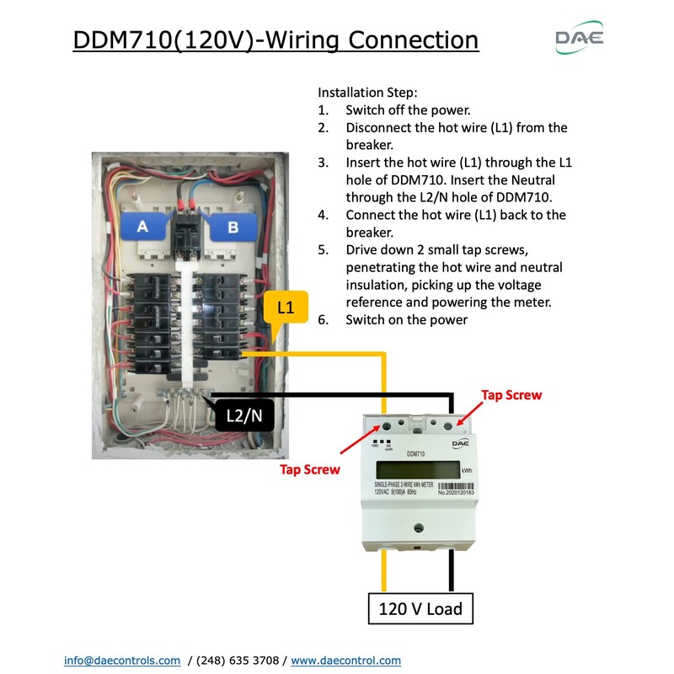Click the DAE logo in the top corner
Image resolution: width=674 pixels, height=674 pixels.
coord(579,38)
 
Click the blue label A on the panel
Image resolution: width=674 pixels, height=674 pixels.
coord(142,225)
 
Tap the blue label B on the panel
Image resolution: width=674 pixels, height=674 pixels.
coord(233,225)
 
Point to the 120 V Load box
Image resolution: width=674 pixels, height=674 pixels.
coord(420,607)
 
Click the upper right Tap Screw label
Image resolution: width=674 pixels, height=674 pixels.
coord(511,394)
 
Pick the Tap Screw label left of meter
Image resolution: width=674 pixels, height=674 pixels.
coord(310,469)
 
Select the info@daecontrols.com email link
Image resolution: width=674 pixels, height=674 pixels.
coord(122,661)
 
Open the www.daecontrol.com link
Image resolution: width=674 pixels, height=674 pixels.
coord(345,661)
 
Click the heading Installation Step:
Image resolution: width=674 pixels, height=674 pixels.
coord(367,92)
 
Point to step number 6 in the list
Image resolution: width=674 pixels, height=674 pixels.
coord(323,320)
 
